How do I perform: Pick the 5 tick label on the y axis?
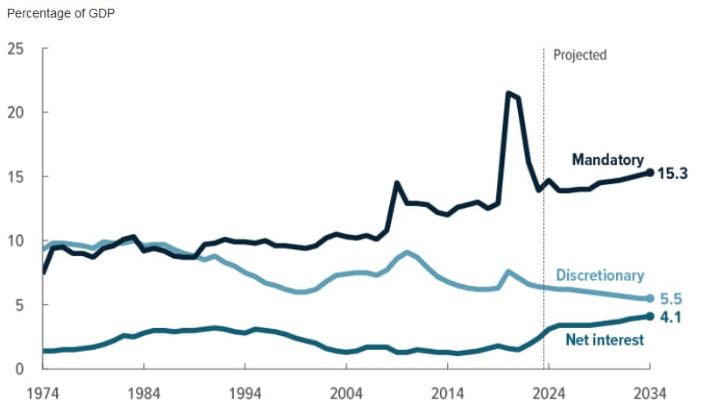point(19,304)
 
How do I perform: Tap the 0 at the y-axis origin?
point(19,368)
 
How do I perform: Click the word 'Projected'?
point(579,54)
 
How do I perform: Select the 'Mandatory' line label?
point(607,160)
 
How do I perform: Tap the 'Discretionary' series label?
point(599,275)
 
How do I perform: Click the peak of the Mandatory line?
point(508,92)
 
